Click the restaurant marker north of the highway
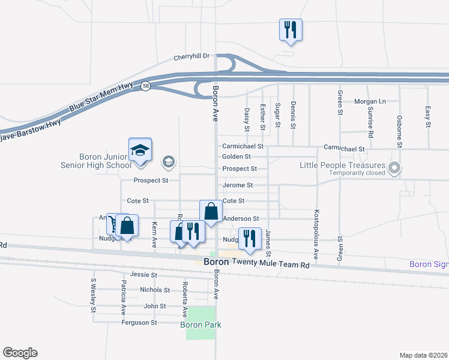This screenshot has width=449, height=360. [x=291, y=29]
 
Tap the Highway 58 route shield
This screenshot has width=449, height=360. [x=146, y=86]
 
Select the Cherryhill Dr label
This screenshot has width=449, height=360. [x=191, y=57]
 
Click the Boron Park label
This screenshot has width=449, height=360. [x=200, y=325]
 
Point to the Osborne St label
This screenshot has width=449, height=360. [x=399, y=131]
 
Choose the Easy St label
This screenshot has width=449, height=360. [x=428, y=117]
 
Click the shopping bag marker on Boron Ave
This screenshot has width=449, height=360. [x=211, y=211]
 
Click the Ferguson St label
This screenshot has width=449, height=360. [x=139, y=322]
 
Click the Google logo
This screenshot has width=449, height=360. [x=20, y=353]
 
